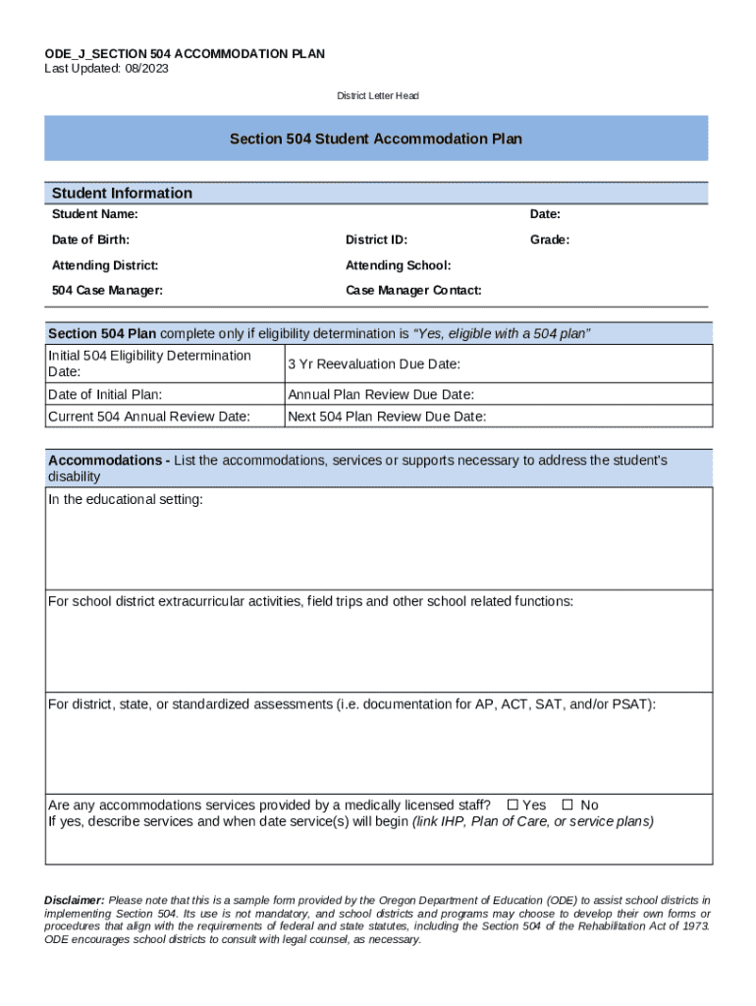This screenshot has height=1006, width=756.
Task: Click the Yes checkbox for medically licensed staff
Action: (x=513, y=806)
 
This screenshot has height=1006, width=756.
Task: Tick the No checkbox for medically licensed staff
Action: (x=567, y=806)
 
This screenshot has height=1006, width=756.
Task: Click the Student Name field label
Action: (x=94, y=214)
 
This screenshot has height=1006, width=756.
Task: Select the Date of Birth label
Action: (x=90, y=240)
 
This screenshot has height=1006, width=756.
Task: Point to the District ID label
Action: (x=376, y=240)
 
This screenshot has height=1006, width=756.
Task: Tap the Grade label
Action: (x=550, y=240)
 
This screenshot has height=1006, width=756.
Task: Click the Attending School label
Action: (x=398, y=265)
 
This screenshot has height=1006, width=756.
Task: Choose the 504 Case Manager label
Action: (x=107, y=291)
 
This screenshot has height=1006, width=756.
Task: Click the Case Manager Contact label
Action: (x=413, y=291)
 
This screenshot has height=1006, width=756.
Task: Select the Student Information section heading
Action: (x=122, y=194)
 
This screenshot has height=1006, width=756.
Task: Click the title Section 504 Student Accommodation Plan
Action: (x=376, y=140)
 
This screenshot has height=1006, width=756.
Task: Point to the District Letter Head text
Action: (x=378, y=96)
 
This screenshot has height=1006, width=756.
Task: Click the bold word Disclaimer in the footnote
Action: (x=75, y=900)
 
